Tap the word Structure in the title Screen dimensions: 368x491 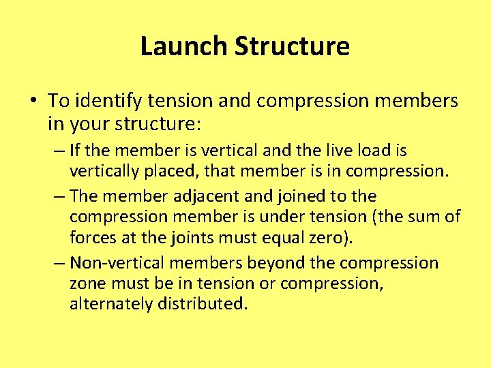tap(292, 46)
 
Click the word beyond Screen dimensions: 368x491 tap(263, 263)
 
